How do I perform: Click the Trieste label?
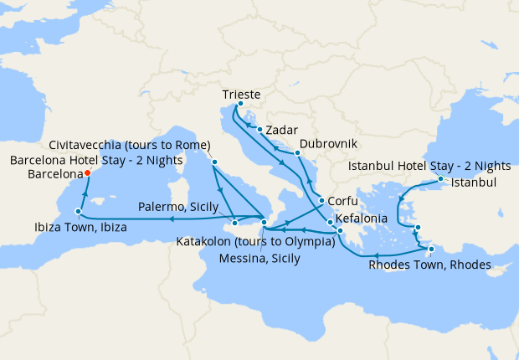[243, 95]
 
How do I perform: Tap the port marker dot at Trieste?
[240, 104]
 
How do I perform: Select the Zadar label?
[281, 131]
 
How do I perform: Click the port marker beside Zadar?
[260, 130]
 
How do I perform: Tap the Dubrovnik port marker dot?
[297, 153]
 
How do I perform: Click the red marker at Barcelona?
[87, 173]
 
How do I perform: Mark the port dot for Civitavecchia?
[215, 162]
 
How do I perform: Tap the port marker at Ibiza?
[78, 212]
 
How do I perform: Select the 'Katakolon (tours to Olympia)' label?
[255, 243]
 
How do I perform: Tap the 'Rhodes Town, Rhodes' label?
[429, 266]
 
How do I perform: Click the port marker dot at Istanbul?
[440, 179]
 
